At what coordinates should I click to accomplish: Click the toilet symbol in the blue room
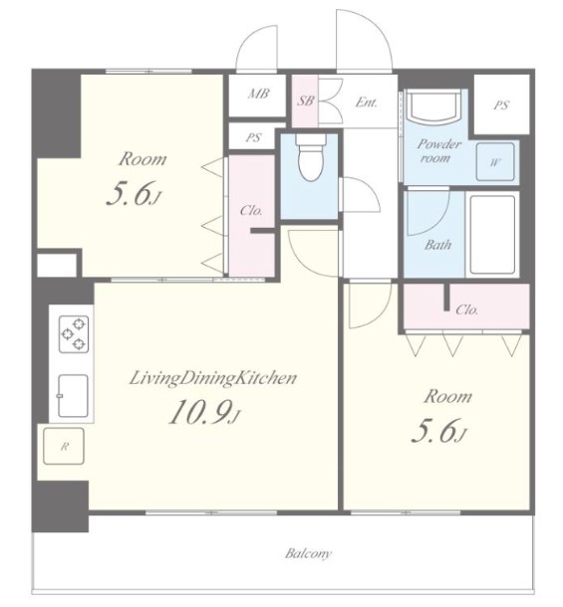311,158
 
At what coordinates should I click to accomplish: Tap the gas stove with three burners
74,334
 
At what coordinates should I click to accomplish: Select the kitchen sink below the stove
73,395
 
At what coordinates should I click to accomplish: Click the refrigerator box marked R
64,447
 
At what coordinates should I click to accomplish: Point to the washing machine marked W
495,162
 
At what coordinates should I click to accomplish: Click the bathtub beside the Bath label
492,235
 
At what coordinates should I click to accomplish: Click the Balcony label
309,553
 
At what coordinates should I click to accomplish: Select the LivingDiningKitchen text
213,378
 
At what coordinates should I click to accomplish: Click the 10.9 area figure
204,412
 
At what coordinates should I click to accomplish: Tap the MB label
259,94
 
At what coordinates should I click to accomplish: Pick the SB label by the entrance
305,101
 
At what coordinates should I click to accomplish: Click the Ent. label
366,102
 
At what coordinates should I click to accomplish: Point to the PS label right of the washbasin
501,105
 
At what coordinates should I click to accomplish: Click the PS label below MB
253,137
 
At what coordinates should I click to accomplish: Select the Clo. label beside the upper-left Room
251,211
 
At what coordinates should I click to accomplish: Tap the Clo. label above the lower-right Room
466,309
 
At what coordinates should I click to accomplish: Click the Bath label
437,245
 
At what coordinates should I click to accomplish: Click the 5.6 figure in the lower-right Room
438,431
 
